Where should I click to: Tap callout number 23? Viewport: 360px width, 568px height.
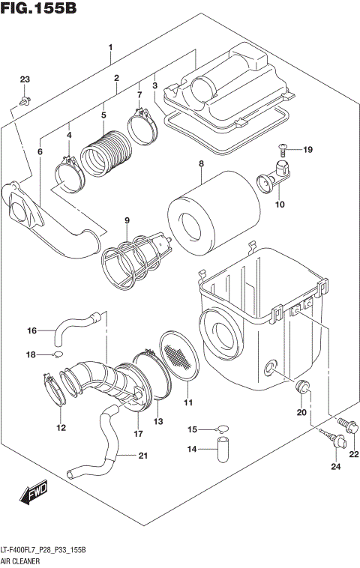(x=25, y=80)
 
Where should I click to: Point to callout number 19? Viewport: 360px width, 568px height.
(x=307, y=150)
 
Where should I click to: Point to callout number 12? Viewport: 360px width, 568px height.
(x=61, y=428)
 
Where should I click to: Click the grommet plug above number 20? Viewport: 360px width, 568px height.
(x=303, y=387)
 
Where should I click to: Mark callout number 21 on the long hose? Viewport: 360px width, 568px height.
(x=142, y=455)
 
